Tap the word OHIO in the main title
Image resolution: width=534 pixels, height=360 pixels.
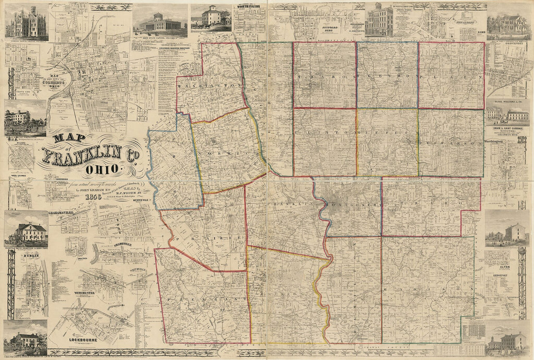point(101,170)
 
